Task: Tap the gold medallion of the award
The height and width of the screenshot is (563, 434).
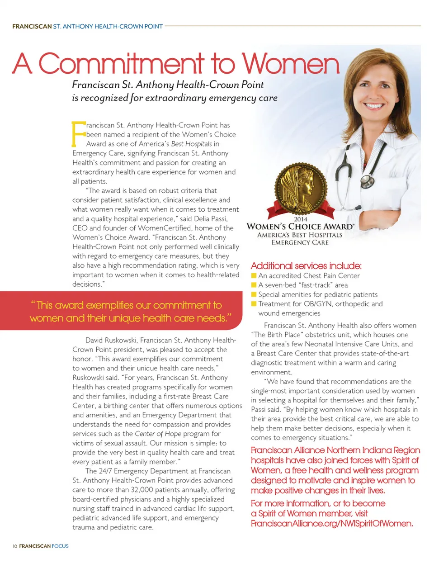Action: [301, 189]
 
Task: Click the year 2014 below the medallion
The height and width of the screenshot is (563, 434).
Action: [301, 219]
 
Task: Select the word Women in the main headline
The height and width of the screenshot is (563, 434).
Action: [290, 64]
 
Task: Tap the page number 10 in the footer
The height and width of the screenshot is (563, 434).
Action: [14, 546]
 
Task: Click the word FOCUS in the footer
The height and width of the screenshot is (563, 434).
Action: [60, 546]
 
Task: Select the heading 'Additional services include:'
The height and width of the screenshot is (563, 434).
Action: [306, 266]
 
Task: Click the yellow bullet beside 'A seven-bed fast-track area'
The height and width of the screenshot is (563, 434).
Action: [254, 285]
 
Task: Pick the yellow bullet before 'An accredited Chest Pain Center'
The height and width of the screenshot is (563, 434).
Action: [254, 275]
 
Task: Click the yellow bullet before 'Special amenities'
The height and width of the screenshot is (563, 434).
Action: [254, 294]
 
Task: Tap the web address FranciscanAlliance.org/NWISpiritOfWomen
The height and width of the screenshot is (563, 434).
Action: [332, 524]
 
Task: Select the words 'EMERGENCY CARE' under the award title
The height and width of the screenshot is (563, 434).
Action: [300, 243]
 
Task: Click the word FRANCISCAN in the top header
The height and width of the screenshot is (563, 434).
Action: [32, 27]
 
